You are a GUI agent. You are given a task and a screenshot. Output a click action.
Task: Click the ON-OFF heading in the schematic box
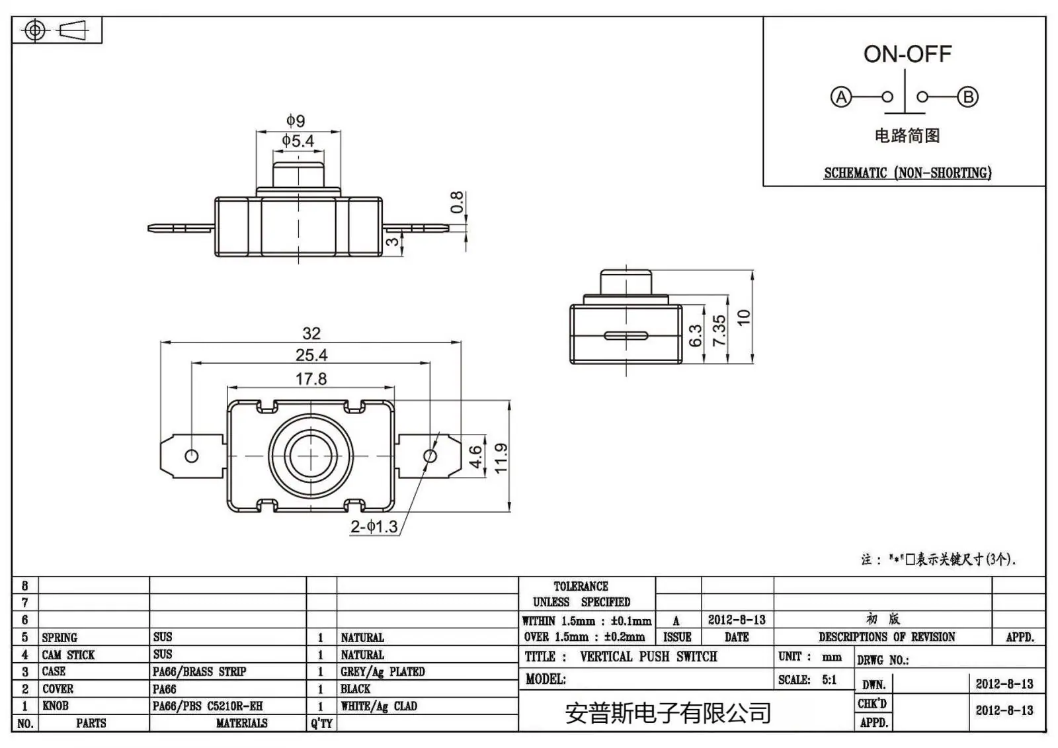coord(907,54)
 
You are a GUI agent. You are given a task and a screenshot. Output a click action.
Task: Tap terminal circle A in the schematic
coord(840,97)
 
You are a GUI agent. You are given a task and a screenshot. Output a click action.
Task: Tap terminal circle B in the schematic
coord(968,97)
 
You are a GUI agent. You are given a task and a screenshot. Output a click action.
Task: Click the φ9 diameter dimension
coord(296,120)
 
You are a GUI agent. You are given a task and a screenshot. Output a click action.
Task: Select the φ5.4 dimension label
coord(298,141)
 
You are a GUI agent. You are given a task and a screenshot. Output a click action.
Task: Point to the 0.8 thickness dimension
coord(457,202)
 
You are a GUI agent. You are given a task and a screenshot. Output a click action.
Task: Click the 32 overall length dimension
coord(311,333)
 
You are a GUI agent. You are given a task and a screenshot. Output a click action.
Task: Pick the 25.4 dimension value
coord(311,355)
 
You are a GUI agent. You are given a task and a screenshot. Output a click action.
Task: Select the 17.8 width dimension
coord(311,379)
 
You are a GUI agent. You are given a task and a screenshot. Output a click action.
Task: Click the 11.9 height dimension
coord(501,458)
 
